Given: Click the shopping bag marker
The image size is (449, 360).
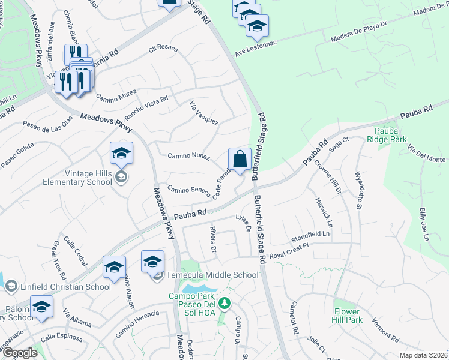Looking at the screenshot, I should pyautogui.click(x=240, y=160).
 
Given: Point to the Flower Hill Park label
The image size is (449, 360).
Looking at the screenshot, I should pyautogui.click(x=348, y=316).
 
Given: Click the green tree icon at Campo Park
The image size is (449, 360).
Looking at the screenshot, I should pyautogui.click(x=224, y=304).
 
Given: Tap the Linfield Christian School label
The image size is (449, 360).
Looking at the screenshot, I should pyautogui.click(x=64, y=287).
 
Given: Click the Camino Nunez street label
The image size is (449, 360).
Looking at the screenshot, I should pyautogui.click(x=188, y=157).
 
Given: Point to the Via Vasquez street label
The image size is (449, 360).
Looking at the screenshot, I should pyautogui.click(x=204, y=113).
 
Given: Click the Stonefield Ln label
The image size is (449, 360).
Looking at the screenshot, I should pyautogui.click(x=310, y=233).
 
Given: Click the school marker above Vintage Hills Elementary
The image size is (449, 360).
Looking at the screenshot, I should pyautogui.click(x=121, y=154).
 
